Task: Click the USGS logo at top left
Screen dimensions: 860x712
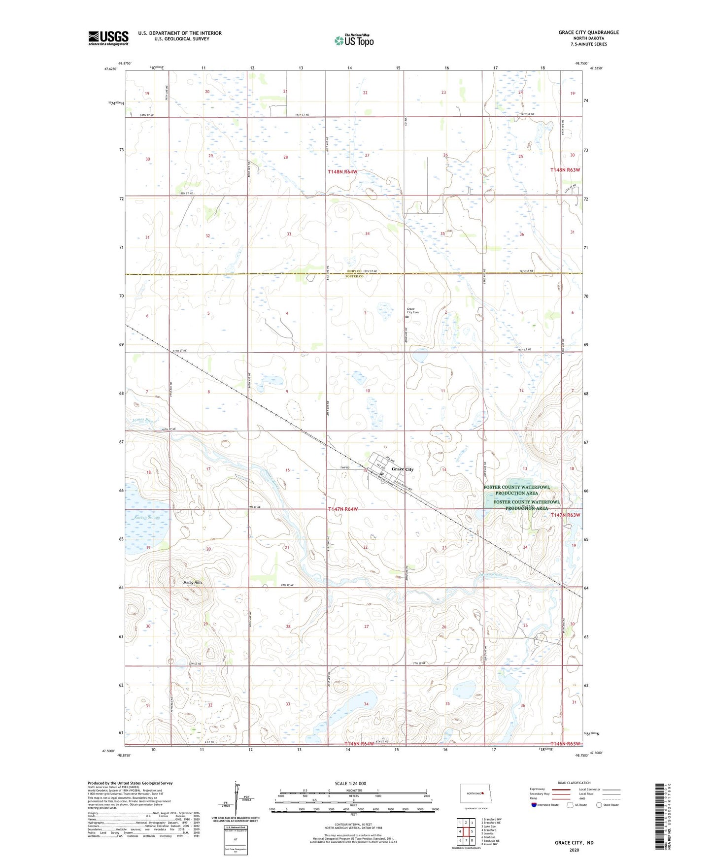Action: coord(108,38)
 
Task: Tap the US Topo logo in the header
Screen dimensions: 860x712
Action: coord(354,40)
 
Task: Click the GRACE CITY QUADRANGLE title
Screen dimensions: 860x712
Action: coord(588,33)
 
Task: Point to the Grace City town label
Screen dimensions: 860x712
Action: coord(403,469)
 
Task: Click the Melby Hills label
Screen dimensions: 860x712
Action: coord(193,583)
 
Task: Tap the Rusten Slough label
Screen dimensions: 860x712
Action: coord(147,518)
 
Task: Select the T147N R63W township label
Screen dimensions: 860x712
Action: coord(565,515)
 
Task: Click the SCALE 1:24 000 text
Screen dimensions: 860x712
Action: coord(350,783)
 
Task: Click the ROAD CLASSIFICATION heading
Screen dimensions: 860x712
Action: coord(574,783)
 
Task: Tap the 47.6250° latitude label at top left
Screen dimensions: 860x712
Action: coord(111,69)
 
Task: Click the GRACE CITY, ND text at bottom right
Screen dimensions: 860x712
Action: coord(574,843)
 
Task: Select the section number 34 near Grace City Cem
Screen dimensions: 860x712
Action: coord(367,233)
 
